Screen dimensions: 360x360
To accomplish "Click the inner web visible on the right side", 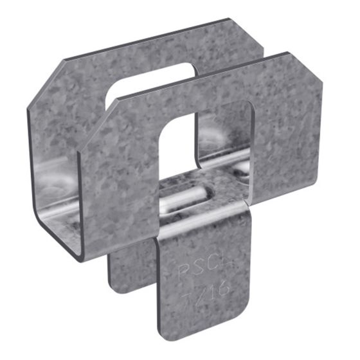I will (x=225, y=154).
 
